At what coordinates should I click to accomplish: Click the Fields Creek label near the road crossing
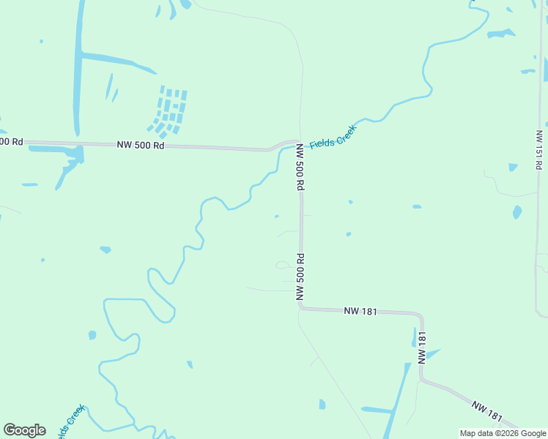click(333, 137)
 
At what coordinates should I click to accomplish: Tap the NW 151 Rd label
click(538, 149)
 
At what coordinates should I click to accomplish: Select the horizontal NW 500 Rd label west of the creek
click(141, 145)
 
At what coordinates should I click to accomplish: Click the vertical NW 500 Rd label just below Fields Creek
click(300, 167)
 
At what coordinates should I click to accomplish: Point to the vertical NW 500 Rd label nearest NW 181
click(300, 277)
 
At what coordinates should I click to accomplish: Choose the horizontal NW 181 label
click(360, 311)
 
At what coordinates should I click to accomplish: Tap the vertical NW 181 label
click(422, 347)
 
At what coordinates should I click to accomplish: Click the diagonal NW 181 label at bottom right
click(487, 410)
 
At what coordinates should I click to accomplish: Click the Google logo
click(24, 430)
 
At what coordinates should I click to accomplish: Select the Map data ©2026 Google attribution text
click(503, 433)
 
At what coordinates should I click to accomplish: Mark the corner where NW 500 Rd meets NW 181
click(301, 308)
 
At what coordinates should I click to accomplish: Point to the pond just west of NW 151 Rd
click(517, 212)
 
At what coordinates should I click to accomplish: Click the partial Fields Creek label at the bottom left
click(70, 420)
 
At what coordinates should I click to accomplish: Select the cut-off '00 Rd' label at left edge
click(12, 140)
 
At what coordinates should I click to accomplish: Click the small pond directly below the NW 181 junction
click(322, 404)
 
